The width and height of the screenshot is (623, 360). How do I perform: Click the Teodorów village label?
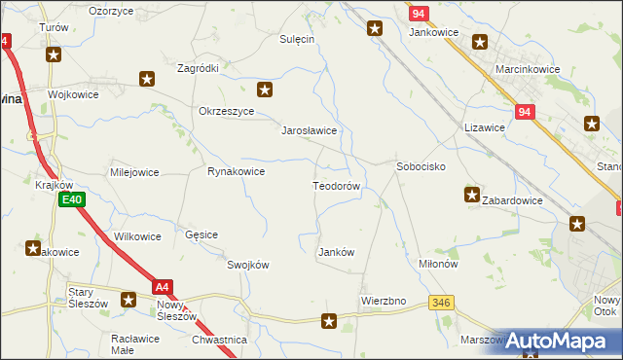[337, 185]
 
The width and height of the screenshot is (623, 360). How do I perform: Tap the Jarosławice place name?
[309, 129]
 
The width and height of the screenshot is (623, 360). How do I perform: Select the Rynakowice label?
[237, 171]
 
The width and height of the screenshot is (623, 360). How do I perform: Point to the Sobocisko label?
[421, 166]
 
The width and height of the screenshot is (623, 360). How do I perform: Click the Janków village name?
[337, 252]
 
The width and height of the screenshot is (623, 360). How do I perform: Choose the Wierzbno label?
[383, 301]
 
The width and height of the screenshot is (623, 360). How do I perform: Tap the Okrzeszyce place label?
[226, 111]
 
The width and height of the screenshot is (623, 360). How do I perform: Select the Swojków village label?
[247, 265]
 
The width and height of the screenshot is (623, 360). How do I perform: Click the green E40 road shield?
[70, 199]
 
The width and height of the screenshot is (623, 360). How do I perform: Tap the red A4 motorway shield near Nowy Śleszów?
[163, 286]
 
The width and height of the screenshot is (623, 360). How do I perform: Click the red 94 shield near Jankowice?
[419, 14]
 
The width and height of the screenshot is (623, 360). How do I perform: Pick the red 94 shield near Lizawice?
[524, 112]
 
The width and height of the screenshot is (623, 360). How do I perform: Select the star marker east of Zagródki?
[264, 90]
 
